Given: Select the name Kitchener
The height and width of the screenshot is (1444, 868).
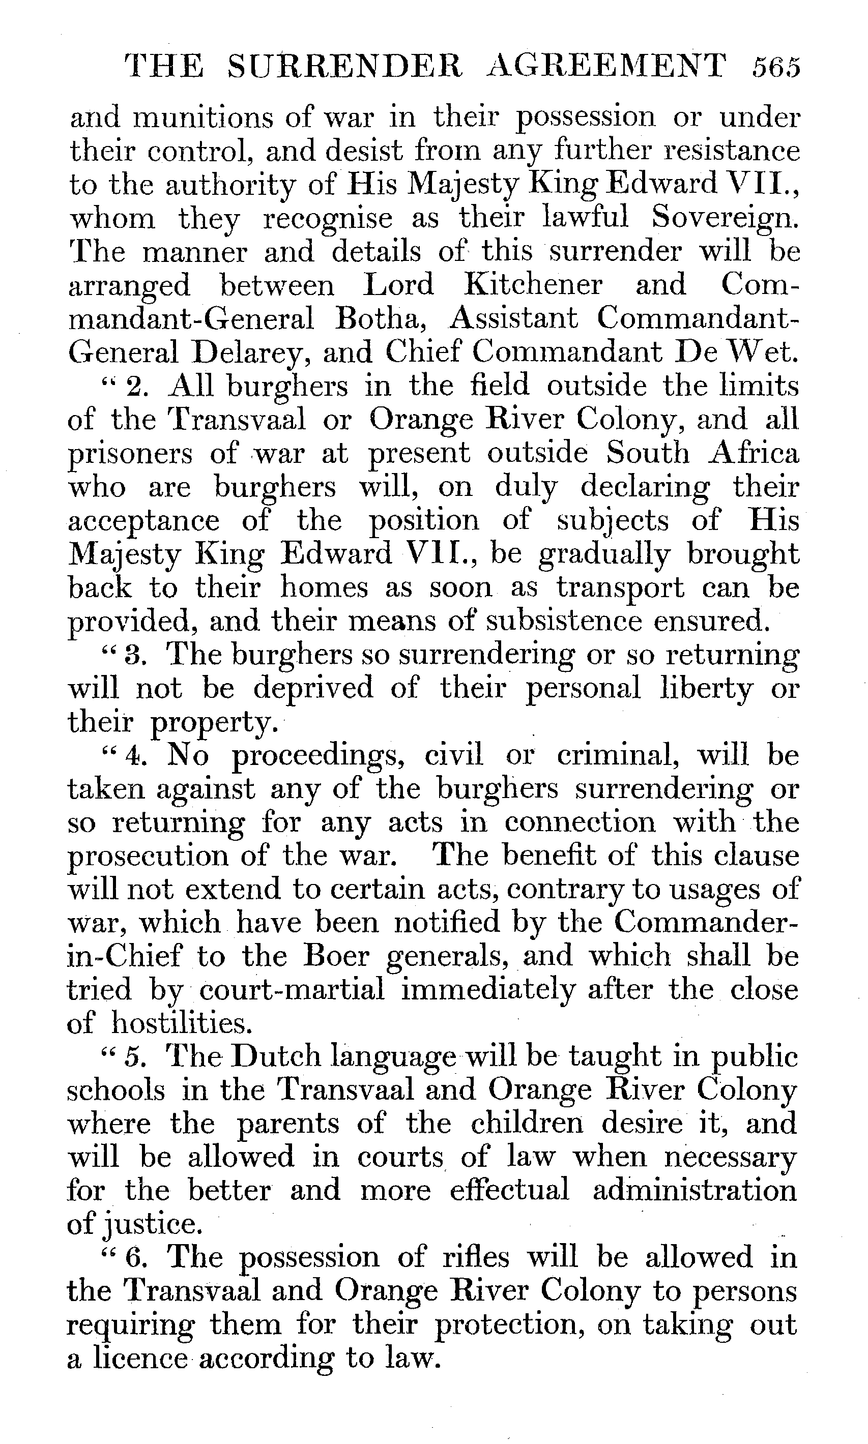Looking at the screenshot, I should pyautogui.click(x=533, y=285).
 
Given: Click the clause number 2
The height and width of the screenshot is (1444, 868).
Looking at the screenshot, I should pyautogui.click(x=135, y=387).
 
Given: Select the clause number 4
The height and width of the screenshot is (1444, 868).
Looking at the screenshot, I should pyautogui.click(x=134, y=756).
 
